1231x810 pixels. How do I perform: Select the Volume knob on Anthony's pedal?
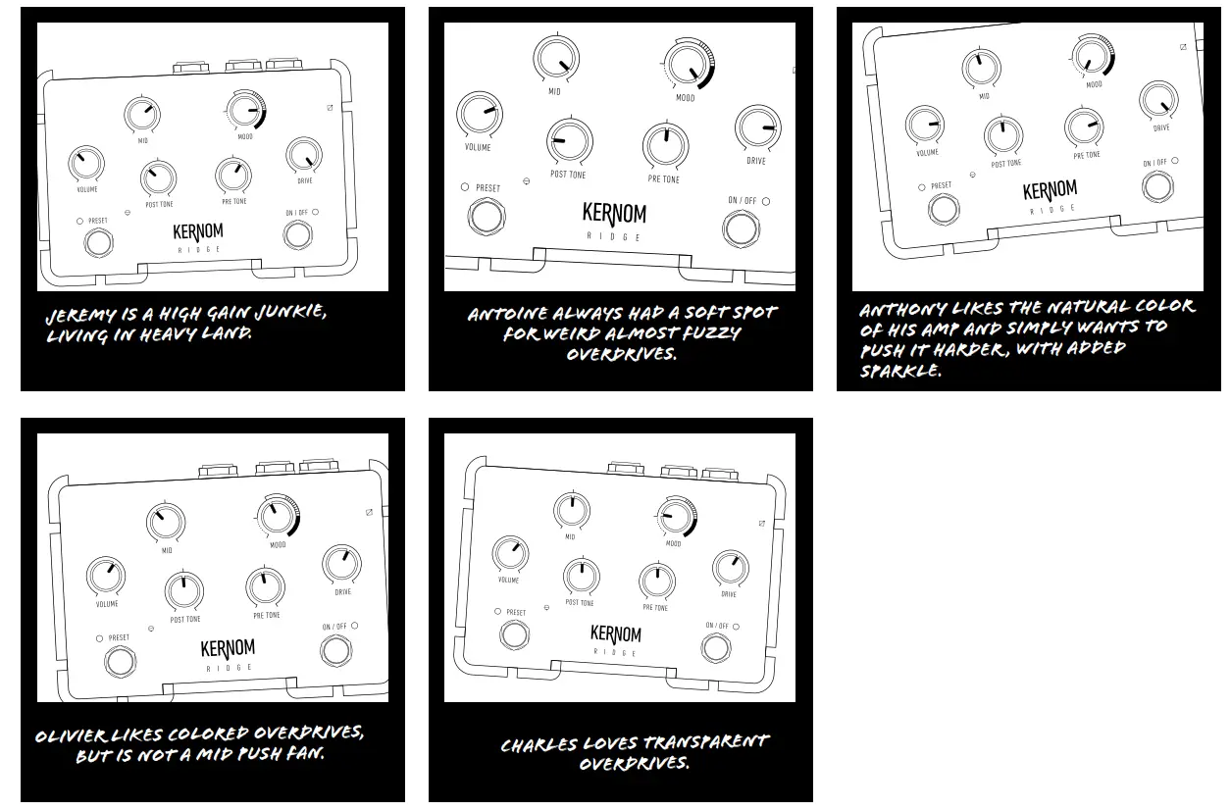pyautogui.click(x=925, y=124)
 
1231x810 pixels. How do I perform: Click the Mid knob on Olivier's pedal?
pyautogui.click(x=166, y=522)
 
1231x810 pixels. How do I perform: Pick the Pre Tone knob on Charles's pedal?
pyautogui.click(x=656, y=581)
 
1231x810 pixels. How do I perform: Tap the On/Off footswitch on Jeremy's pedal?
pyautogui.click(x=295, y=234)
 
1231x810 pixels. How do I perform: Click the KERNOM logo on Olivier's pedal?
pyautogui.click(x=228, y=649)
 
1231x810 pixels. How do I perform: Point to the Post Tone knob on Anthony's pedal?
pyautogui.click(x=1003, y=135)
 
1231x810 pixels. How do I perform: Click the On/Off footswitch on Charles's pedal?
pyautogui.click(x=716, y=648)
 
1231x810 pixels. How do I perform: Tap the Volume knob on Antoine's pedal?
pyautogui.click(x=478, y=115)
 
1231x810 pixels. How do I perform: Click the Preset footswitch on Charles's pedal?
pyautogui.click(x=513, y=634)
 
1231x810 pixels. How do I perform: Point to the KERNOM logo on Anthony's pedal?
pyautogui.click(x=1050, y=190)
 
